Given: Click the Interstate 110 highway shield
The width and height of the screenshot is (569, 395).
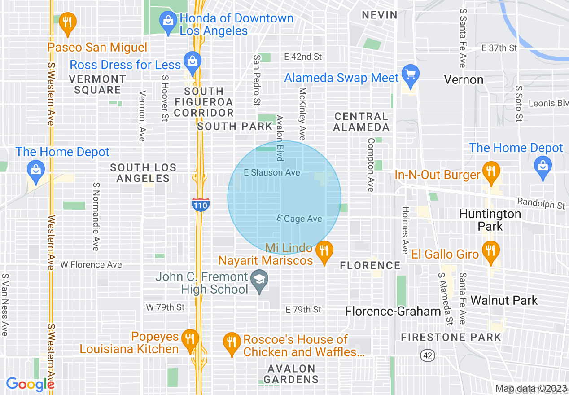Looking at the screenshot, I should [200, 204].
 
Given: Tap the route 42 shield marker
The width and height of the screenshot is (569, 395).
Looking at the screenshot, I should [427, 355].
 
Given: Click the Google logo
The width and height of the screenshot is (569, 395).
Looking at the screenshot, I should [30, 384].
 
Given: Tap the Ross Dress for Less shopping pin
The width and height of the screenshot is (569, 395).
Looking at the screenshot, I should [193, 62].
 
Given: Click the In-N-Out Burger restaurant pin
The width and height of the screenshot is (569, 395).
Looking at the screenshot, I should [491, 173].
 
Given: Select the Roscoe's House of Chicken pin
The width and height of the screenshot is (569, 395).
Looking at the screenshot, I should [232, 343].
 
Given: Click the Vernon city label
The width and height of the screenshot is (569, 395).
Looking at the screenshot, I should [464, 80].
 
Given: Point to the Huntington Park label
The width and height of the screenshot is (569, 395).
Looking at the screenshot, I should [490, 220].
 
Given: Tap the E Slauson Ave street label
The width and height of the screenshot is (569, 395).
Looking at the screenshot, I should [271, 172].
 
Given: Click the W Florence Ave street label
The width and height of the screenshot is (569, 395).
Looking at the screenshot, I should [91, 265].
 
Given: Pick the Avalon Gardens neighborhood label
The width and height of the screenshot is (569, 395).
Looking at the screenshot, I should [291, 374].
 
